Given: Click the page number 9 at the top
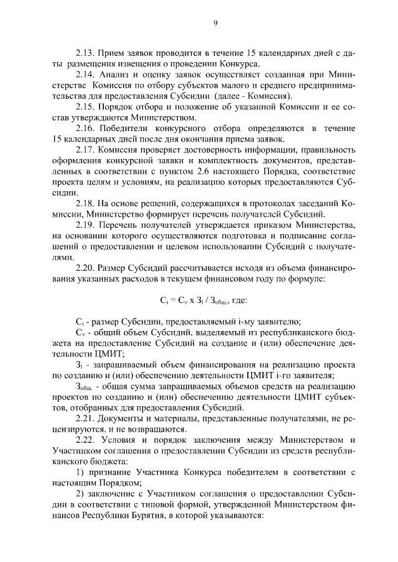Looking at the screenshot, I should (x=215, y=24).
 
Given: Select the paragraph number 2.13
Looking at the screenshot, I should (x=85, y=54).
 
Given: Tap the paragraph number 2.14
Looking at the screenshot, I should (x=85, y=75).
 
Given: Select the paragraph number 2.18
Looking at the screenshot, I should (x=85, y=203).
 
